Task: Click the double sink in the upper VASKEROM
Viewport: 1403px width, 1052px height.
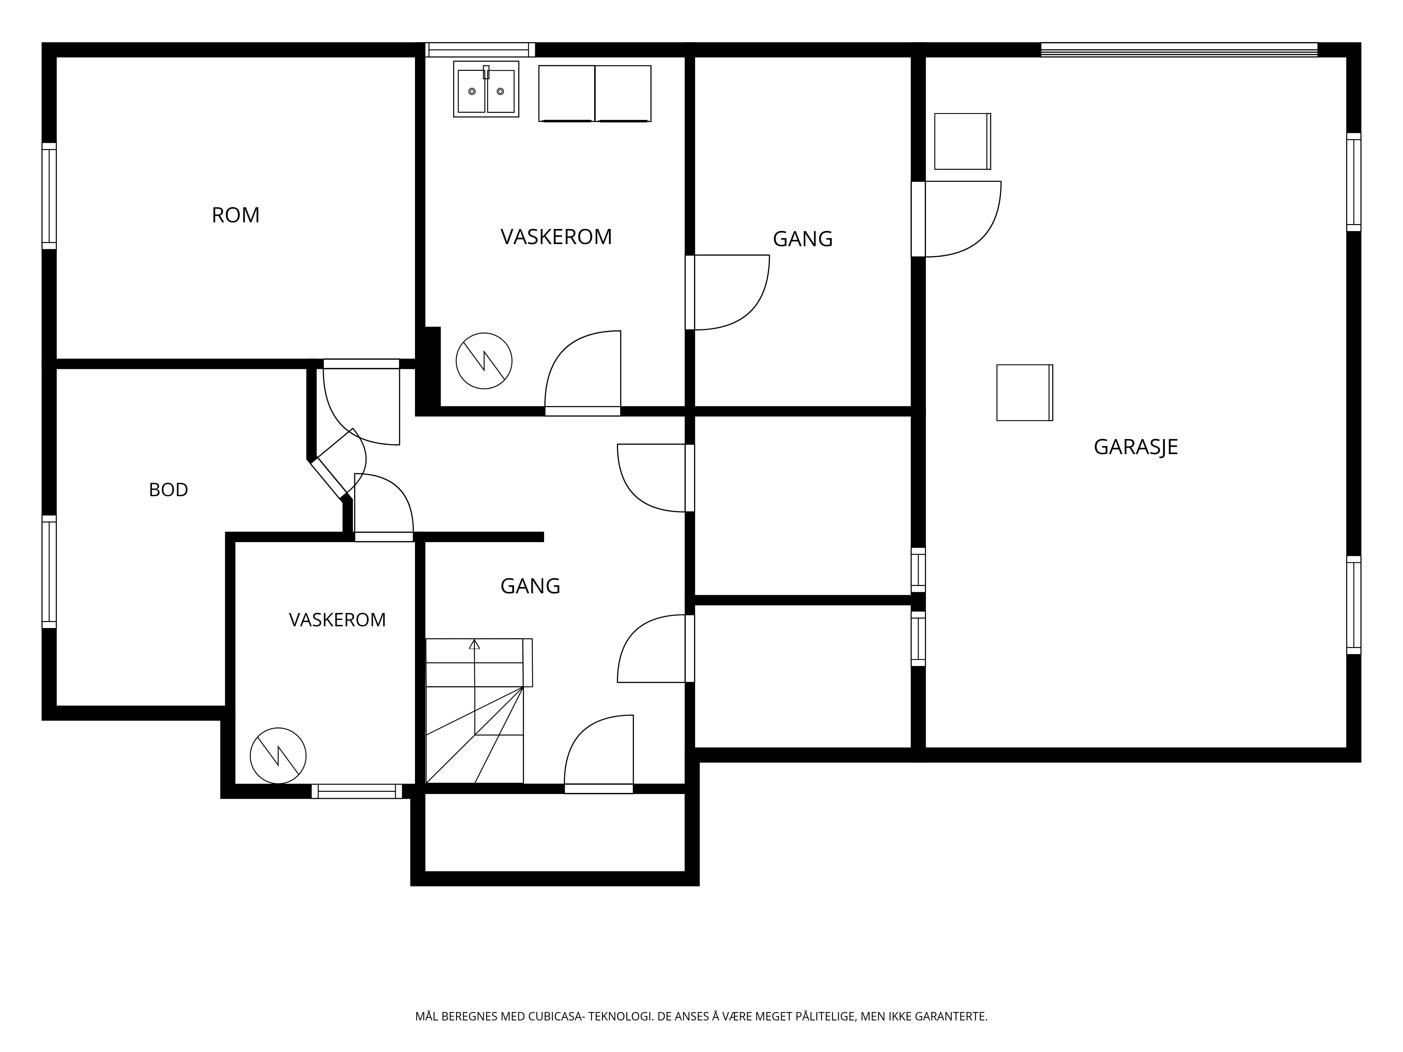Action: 486,89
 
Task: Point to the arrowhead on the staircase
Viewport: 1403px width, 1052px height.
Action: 475,644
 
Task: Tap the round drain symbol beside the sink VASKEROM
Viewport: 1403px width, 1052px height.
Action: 484,361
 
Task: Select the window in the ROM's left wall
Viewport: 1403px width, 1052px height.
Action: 49,196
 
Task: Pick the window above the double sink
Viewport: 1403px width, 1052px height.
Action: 480,49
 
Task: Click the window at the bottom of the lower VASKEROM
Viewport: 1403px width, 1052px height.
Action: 356,791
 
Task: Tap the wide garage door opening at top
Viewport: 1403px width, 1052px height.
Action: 1179,49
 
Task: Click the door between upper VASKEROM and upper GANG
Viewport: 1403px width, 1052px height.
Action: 727,292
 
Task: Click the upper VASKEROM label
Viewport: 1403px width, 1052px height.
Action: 556,237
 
